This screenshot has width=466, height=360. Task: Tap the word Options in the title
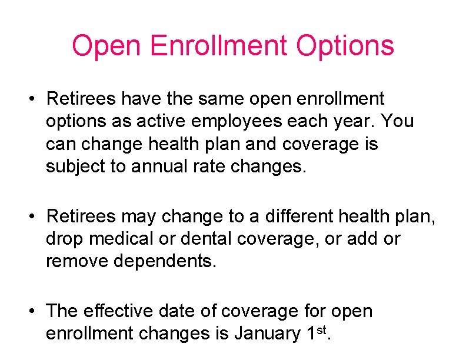(345, 45)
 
